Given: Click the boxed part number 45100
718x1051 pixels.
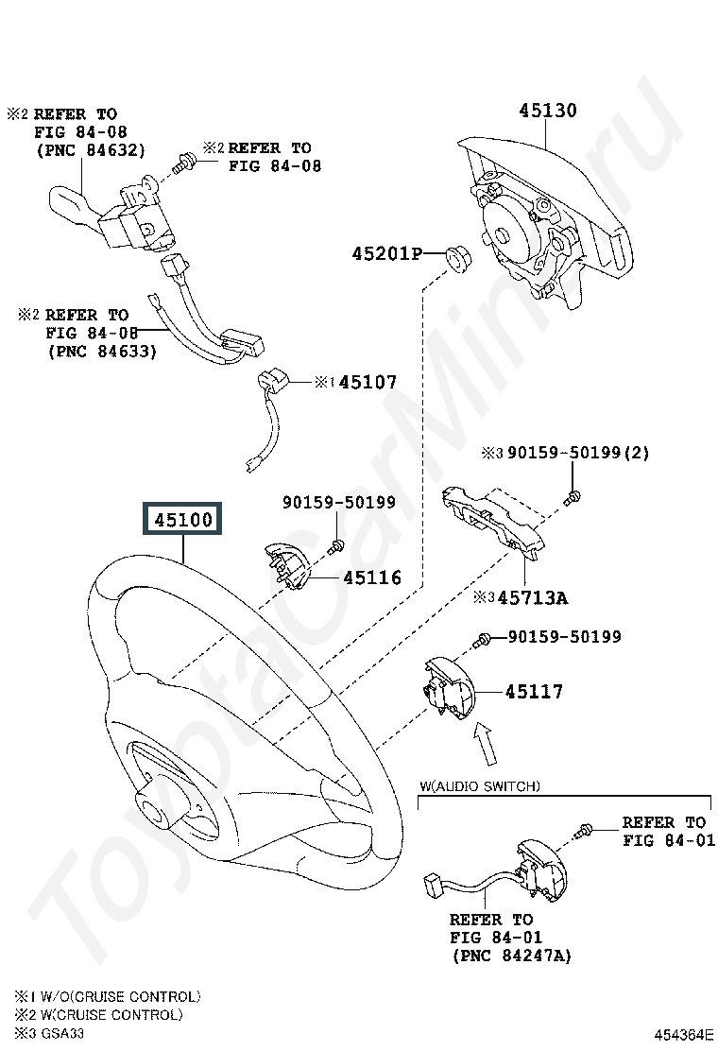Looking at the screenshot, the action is point(183,520).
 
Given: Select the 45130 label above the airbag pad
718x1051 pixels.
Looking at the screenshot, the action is point(547,111).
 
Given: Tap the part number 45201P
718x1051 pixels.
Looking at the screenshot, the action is point(387,253).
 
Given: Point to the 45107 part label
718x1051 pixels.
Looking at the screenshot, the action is point(368,382).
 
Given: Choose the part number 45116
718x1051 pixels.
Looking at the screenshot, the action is point(372,577).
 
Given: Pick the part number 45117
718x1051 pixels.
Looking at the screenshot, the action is point(534,691).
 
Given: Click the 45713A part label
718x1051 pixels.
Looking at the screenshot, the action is point(533,597).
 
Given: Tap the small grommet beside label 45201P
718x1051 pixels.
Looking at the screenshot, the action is point(459,259).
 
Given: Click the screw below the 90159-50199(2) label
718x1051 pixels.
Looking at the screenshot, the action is point(572,498).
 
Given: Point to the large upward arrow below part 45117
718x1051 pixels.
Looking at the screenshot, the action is point(487,743).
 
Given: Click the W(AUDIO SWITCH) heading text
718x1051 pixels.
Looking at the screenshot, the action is point(480,785).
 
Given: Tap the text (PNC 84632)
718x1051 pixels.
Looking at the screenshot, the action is point(91,150).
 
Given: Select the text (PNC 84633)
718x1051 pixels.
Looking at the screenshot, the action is point(102,351).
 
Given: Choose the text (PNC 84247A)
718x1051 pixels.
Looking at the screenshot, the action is point(512,956).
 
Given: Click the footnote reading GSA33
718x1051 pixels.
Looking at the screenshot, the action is point(62,1033).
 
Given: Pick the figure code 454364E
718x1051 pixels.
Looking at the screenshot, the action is point(684,1035).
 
